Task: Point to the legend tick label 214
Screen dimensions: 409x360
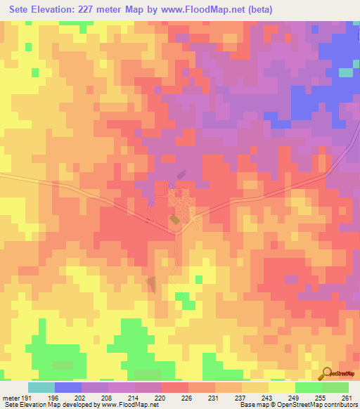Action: [x=134, y=397]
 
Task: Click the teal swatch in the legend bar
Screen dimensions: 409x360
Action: [x=41, y=387]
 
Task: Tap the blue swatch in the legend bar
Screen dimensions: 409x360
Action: [x=67, y=387]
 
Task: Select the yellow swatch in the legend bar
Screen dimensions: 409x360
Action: [x=281, y=387]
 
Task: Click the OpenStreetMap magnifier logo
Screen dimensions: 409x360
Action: [x=326, y=372]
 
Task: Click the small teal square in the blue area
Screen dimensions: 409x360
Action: [x=345, y=72]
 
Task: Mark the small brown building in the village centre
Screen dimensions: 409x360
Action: [x=174, y=220]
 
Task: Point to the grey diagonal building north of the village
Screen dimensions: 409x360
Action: [x=179, y=174]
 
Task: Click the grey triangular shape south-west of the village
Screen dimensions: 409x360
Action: [x=150, y=284]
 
